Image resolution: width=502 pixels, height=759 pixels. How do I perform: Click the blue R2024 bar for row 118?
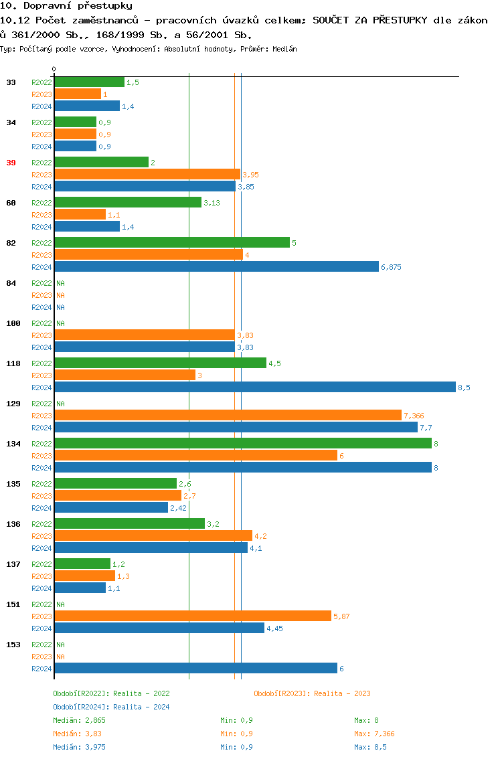coord(254,388)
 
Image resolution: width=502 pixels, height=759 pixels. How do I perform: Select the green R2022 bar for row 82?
coord(171,242)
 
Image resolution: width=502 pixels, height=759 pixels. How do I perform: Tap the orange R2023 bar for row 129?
coord(228,416)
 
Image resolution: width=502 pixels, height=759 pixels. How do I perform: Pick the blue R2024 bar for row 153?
coord(195,669)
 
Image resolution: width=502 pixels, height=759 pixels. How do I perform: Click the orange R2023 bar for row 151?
coord(192,616)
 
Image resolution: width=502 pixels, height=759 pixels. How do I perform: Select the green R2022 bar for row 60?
coord(127,202)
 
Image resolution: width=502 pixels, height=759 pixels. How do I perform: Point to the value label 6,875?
coord(392,267)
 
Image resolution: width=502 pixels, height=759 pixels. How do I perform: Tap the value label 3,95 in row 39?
coord(251,175)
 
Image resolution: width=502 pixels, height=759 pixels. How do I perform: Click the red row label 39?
coord(11,163)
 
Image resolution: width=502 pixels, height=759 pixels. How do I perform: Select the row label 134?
coord(13,444)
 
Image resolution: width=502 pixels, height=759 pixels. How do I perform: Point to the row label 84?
coord(11,283)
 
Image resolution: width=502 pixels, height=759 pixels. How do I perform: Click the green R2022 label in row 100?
coord(41,323)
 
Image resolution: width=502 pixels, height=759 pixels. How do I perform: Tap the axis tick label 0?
coord(54,70)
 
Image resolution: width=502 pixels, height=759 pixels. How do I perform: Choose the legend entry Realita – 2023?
coord(313,693)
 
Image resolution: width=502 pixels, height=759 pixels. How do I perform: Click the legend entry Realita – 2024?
coord(111,707)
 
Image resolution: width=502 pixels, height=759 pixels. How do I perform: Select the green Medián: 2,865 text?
coord(80,720)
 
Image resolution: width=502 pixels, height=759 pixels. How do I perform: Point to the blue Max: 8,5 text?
coord(371,747)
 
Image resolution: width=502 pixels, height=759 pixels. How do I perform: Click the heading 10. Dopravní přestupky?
coord(66,6)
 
